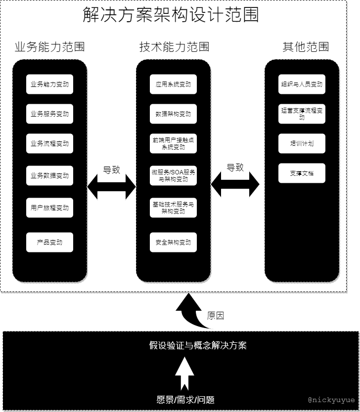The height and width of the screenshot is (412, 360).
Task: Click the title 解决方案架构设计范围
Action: [171, 15]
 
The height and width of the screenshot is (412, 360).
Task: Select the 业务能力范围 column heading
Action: [49, 47]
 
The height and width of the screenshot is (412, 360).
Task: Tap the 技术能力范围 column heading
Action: [174, 47]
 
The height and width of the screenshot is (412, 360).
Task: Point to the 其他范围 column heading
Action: [306, 47]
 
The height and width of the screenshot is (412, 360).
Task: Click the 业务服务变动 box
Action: [49, 114]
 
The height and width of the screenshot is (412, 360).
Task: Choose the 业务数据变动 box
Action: [49, 176]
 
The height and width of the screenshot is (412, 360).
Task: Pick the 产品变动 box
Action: [49, 243]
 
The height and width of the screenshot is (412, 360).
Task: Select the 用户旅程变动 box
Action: [49, 208]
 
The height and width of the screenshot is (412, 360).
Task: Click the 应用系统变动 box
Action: [173, 84]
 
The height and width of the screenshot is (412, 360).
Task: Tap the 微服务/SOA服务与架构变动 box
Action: [173, 176]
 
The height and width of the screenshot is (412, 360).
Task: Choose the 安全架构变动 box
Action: [173, 243]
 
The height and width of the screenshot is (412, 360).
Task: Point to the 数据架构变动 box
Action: [173, 114]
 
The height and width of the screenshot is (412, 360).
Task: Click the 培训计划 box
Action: [302, 144]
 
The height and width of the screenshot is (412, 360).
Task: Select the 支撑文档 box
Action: [302, 173]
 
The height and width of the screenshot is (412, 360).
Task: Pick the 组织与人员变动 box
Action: [302, 84]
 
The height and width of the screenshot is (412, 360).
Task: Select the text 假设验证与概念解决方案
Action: [198, 345]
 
